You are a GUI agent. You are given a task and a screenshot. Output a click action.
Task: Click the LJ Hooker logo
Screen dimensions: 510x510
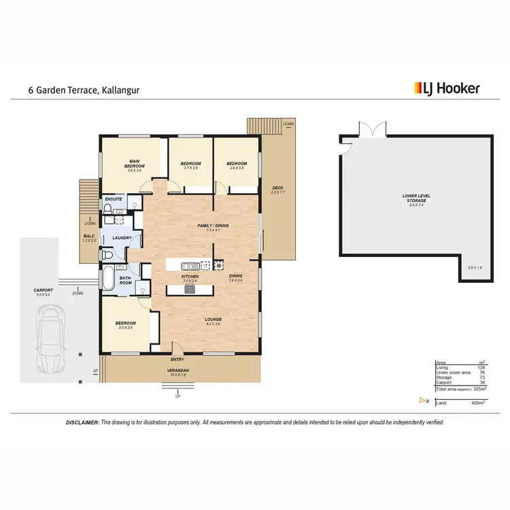447,88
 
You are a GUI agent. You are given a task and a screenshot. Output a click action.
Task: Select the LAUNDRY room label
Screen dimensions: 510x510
122,237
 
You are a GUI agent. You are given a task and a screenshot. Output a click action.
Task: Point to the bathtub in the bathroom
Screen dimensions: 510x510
108,279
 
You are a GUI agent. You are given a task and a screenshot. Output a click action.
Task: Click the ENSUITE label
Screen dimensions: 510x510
113,199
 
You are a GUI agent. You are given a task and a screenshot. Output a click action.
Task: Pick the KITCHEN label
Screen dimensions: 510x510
190,277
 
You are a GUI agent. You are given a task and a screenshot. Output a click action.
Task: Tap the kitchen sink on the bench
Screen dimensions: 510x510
190,265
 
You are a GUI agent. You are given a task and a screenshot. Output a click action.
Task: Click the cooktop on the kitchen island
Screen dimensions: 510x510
190,289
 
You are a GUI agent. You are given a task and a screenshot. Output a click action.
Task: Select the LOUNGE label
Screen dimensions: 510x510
214,319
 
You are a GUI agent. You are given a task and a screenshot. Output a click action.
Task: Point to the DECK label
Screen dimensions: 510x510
277,188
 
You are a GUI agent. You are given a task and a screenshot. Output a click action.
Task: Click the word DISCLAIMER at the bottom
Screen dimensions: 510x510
82,422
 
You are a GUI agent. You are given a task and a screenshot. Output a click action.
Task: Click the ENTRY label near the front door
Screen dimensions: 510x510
177,359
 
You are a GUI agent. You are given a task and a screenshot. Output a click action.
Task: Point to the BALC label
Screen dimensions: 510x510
89,237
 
